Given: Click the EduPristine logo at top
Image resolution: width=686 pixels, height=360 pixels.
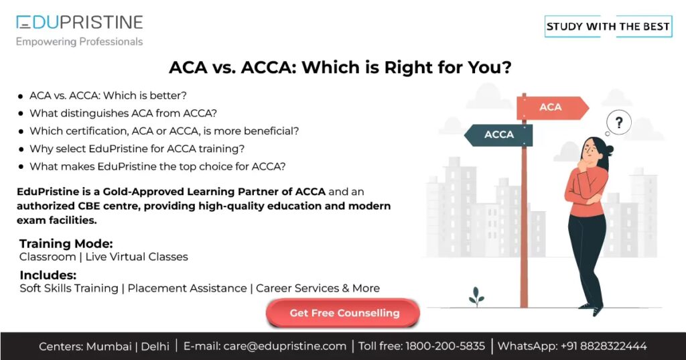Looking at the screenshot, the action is coord(80,22).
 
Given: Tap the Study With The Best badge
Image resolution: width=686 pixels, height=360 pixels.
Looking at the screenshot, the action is coord(608,26).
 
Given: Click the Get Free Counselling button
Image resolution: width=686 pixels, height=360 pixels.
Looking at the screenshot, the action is coord(343,312).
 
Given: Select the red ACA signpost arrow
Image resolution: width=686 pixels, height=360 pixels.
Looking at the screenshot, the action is coord(553,108).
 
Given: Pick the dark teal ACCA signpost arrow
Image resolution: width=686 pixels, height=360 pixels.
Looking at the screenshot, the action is coord(498,135).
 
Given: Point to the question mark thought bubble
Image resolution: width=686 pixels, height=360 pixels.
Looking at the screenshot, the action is coord(618,122).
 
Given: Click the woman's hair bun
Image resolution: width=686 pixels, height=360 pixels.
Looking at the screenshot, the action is coord(609,149).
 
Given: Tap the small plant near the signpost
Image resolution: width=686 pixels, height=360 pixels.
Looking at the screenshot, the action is coord(476,296).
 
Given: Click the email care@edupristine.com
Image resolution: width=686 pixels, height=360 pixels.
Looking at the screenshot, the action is coord(285,346).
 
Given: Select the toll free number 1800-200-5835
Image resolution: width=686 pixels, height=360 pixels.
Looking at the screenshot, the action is coord(445,346).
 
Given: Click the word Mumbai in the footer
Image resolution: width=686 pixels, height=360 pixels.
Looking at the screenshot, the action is coord(109,347).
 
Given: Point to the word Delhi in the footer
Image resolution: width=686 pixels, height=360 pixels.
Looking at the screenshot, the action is coord(155,347).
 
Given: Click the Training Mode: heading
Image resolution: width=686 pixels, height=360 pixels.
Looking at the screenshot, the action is coord(66,243).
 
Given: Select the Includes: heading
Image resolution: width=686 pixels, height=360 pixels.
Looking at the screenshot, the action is coord(48,275).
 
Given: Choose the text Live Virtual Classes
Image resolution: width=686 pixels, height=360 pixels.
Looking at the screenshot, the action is coord(137,257).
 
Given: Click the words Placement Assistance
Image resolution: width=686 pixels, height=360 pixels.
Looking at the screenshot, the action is coord(188,288).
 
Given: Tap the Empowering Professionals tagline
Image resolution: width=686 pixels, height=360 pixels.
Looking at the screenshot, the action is coord(79,42).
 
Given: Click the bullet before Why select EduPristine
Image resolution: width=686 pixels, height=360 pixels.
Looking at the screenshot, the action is coord(21,149).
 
